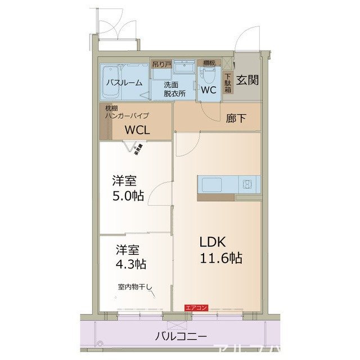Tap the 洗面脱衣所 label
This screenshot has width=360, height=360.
click(174, 89)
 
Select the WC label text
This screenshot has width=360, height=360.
click(209, 89)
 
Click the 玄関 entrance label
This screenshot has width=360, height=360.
click(247, 80)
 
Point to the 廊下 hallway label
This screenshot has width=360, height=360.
click(235, 119)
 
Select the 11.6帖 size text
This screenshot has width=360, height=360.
click(220, 258)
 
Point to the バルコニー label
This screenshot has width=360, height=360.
click(181, 337)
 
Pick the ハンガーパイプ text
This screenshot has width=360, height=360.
click(127, 115)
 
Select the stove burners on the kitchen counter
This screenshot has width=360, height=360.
click(247, 184)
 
